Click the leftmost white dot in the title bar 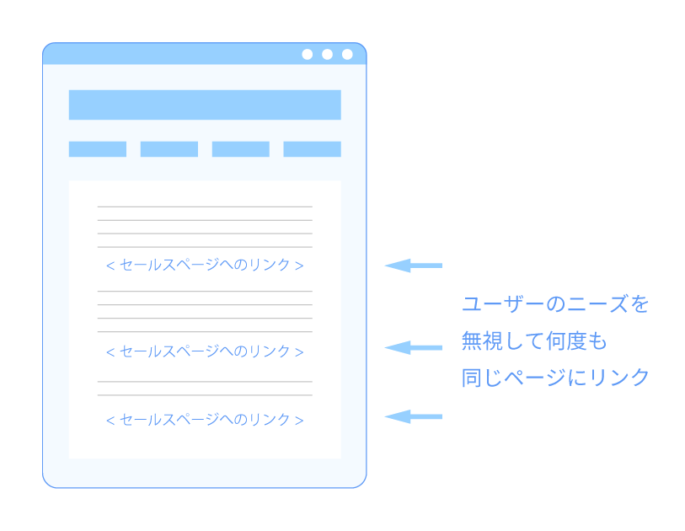click(x=308, y=54)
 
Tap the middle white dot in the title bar click(x=327, y=54)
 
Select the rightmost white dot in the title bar click(x=347, y=54)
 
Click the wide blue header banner click(x=205, y=105)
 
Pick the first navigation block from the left click(x=98, y=149)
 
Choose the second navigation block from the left click(x=169, y=149)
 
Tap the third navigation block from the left click(x=241, y=149)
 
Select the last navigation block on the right click(x=313, y=149)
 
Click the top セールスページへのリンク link click(x=205, y=265)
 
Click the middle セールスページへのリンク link click(x=205, y=351)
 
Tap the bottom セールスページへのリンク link click(x=205, y=420)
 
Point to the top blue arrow click(x=413, y=265)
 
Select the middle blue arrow click(x=413, y=347)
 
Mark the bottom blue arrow click(x=413, y=416)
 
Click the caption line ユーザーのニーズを click(x=555, y=303)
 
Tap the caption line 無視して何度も click(x=534, y=341)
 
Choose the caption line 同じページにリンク click(x=555, y=377)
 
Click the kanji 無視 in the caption click(x=482, y=341)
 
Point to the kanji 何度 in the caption click(x=565, y=341)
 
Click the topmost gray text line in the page click(x=205, y=206)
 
